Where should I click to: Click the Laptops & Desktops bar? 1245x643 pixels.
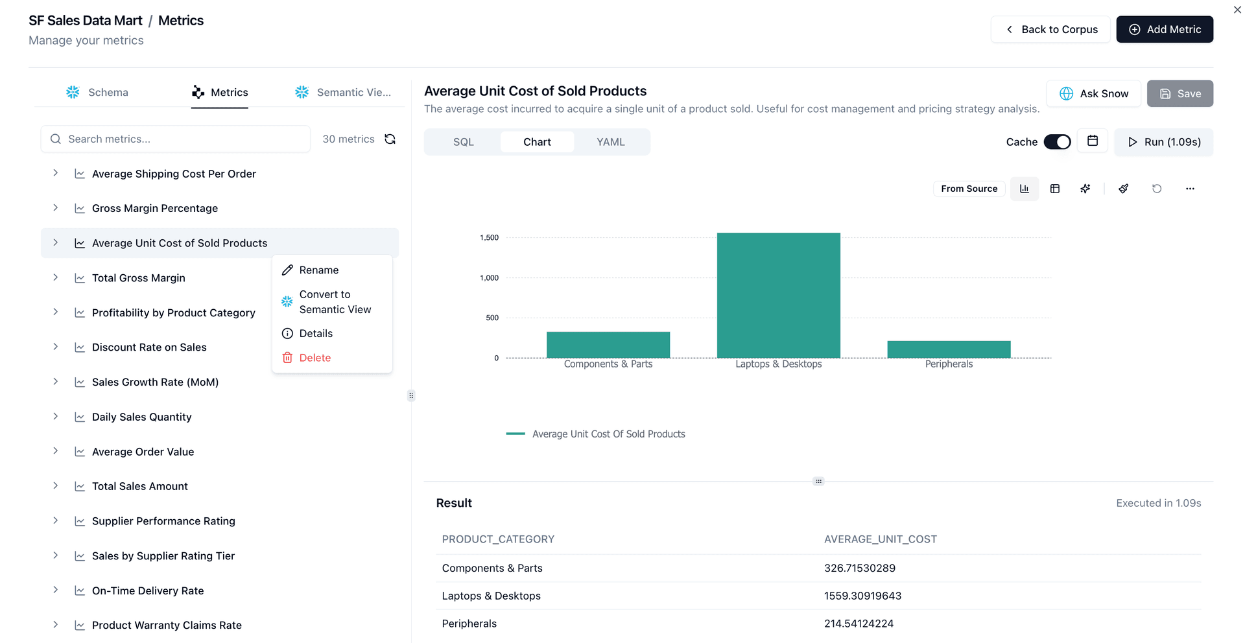click(x=778, y=295)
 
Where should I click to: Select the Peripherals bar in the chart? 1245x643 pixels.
click(x=949, y=349)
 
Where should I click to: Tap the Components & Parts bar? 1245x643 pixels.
click(x=608, y=345)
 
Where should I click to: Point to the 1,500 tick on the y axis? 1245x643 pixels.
click(x=490, y=238)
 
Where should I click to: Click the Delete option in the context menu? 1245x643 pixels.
click(x=315, y=358)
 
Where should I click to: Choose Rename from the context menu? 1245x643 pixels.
click(x=318, y=270)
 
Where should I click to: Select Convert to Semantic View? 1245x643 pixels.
click(x=335, y=302)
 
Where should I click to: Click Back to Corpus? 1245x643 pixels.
click(x=1050, y=30)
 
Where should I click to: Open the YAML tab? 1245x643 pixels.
click(x=610, y=142)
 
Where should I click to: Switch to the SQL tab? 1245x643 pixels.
click(x=463, y=142)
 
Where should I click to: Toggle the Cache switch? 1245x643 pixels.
click(x=1057, y=142)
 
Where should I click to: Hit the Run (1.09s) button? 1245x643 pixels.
click(x=1163, y=142)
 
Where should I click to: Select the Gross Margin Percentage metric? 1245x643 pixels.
click(x=155, y=209)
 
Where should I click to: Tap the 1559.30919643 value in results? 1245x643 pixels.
click(x=862, y=596)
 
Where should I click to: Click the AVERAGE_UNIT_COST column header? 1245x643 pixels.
click(x=880, y=539)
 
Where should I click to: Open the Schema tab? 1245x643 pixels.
click(x=98, y=93)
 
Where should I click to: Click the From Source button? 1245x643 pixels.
click(x=969, y=189)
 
